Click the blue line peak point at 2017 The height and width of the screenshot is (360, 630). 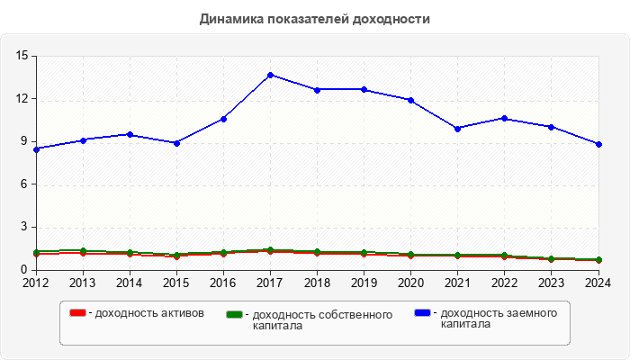[x=270, y=75]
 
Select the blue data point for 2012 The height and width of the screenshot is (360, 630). [x=36, y=149]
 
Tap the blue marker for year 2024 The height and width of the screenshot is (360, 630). [x=598, y=144]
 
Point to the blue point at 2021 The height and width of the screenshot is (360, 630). [x=458, y=129]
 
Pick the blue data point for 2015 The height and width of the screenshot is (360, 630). [x=176, y=143]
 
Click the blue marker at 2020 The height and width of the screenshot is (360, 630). [x=411, y=100]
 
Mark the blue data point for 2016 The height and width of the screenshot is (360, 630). [x=223, y=119]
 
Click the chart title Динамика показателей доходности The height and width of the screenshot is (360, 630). [x=314, y=19]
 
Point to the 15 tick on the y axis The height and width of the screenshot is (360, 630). [x=21, y=56]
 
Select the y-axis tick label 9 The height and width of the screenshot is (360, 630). [x=24, y=141]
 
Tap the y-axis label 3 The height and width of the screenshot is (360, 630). [x=24, y=227]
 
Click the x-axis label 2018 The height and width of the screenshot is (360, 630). [x=317, y=283]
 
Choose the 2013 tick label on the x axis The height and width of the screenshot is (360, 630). [x=83, y=283]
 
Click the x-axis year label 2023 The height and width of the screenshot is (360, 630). [x=552, y=283]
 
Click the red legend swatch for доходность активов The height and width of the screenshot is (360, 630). [x=78, y=313]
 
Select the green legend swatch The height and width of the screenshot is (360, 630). [x=235, y=315]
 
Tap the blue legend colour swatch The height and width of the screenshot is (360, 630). [x=422, y=313]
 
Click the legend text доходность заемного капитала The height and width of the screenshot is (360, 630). [x=494, y=319]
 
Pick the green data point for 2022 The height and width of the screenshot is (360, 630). [x=505, y=256]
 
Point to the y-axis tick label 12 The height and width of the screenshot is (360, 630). [x=21, y=99]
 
